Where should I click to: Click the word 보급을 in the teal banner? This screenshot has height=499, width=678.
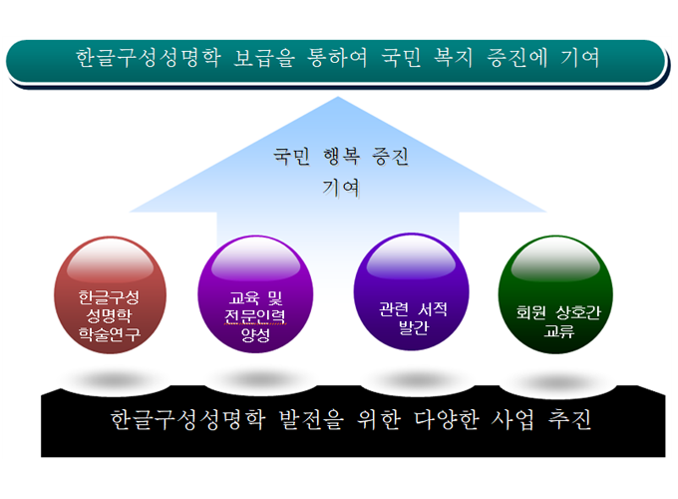pyautogui.click(x=264, y=58)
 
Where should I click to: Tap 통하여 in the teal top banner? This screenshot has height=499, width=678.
pyautogui.click(x=337, y=58)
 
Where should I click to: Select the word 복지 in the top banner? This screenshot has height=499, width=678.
pyautogui.click(x=453, y=58)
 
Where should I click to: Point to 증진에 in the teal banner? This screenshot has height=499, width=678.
pyautogui.click(x=516, y=58)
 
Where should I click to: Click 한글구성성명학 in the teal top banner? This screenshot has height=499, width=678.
pyautogui.click(x=149, y=58)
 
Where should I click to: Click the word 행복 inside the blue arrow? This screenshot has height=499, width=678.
pyautogui.click(x=341, y=156)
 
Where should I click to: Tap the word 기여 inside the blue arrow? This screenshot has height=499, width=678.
pyautogui.click(x=341, y=188)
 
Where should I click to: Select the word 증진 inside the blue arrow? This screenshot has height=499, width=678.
pyautogui.click(x=390, y=156)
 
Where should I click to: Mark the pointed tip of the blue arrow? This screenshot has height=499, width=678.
pyautogui.click(x=338, y=97)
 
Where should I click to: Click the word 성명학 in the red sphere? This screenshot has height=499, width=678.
pyautogui.click(x=109, y=315)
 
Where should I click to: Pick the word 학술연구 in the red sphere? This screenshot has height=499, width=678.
pyautogui.click(x=110, y=333)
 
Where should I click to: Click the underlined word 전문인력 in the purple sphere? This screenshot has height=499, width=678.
pyautogui.click(x=254, y=315)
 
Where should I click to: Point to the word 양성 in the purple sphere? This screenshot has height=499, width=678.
pyautogui.click(x=255, y=334)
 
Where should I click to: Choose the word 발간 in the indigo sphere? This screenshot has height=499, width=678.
pyautogui.click(x=414, y=327)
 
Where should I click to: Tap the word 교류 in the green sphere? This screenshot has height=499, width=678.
pyautogui.click(x=559, y=331)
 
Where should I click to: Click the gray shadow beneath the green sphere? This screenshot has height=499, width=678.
pyautogui.click(x=557, y=382)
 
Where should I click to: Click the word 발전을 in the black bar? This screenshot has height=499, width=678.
pyautogui.click(x=311, y=419)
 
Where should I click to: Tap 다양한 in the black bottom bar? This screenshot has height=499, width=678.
pyautogui.click(x=447, y=419)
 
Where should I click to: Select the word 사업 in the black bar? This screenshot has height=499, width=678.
pyautogui.click(x=512, y=419)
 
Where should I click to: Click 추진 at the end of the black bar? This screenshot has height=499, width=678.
pyautogui.click(x=569, y=419)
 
